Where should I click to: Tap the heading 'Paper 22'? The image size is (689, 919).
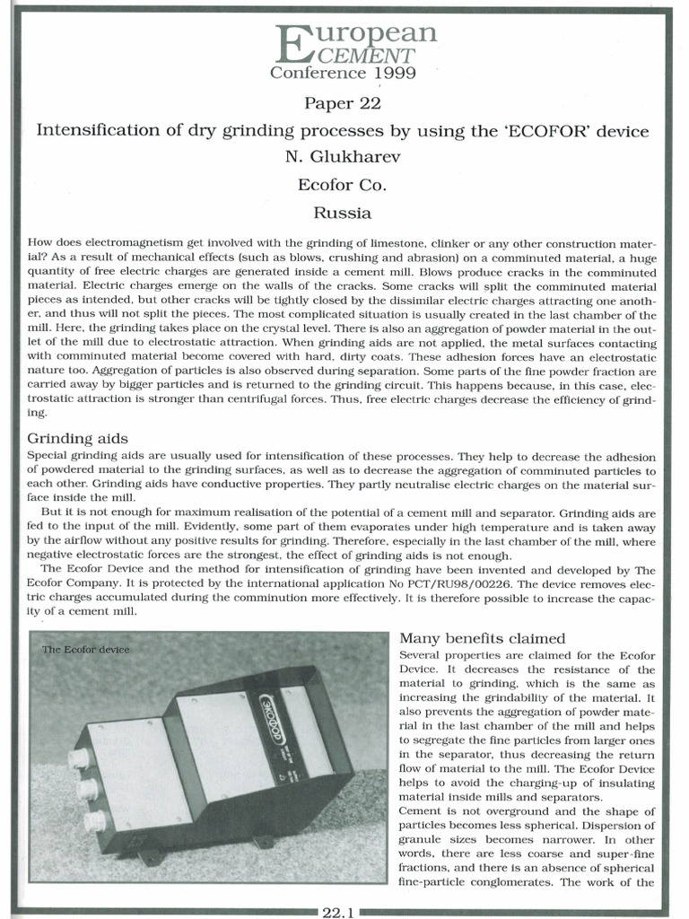[344, 104]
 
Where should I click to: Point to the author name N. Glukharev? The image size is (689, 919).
[344, 158]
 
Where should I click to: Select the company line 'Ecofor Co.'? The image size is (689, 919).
[344, 186]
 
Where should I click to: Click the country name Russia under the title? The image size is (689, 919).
[344, 214]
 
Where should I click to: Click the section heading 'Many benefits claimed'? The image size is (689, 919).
[482, 638]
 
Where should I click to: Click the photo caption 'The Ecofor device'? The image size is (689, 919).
[85, 650]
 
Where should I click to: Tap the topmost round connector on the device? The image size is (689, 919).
[79, 759]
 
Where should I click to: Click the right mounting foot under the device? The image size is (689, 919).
[263, 843]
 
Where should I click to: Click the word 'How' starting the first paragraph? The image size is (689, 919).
[41, 243]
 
